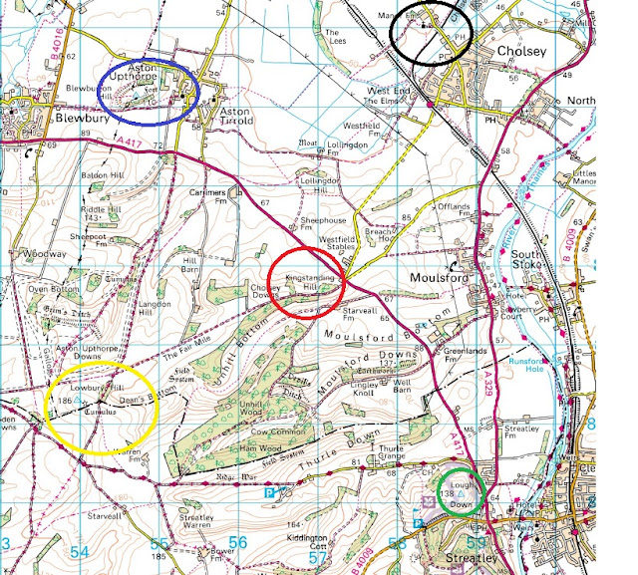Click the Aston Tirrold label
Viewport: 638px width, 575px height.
coord(236,118)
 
